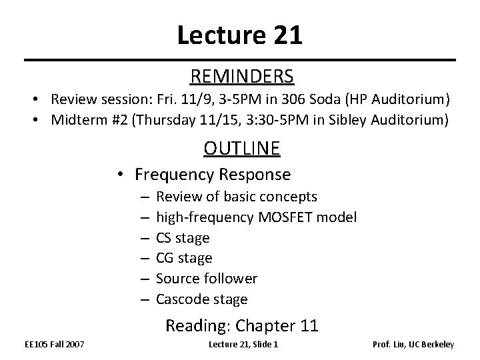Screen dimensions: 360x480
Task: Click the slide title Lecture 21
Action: tap(239, 35)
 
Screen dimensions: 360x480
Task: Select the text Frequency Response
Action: tap(212, 175)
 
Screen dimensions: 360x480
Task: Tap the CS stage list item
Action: tap(183, 238)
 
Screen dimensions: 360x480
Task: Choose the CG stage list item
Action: tap(184, 258)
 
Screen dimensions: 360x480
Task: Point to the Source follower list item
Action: tap(207, 278)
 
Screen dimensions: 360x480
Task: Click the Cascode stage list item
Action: tap(201, 299)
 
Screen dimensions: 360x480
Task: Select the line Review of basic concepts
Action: tap(237, 197)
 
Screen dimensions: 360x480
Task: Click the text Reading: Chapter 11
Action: tap(241, 326)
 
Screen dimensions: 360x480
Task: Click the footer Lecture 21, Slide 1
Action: tap(243, 345)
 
